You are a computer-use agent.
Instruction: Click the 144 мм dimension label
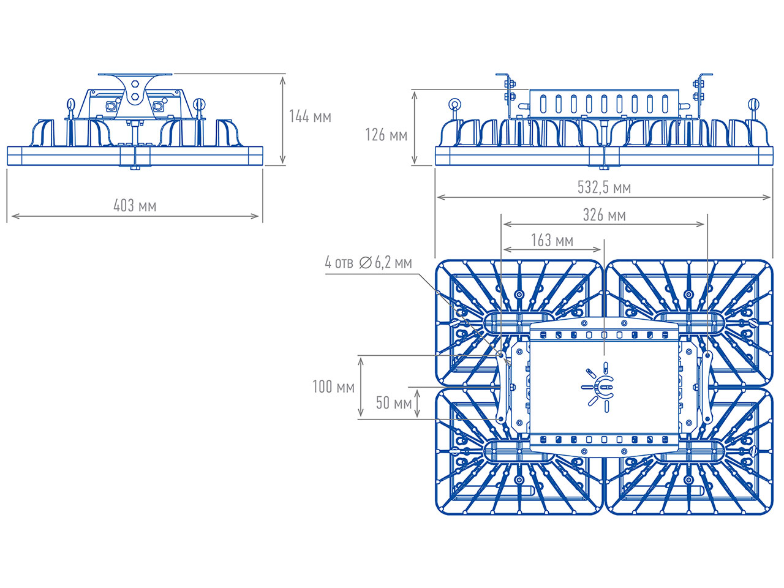pos(310,116)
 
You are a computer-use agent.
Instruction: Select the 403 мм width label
pos(135,206)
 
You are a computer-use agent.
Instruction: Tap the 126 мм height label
pos(386,135)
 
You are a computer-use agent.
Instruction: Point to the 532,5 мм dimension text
pos(605,187)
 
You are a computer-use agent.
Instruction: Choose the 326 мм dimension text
pos(605,215)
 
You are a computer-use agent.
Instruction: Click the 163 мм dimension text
pos(552,240)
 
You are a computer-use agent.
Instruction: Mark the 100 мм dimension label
pos(334,386)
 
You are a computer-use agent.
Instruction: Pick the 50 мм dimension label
pos(394,402)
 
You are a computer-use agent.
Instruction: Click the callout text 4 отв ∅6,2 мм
pos(368,262)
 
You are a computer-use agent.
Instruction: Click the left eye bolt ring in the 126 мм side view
pos(454,105)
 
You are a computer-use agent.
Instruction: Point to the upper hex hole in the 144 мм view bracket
pos(135,85)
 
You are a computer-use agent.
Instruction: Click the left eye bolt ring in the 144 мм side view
pos(70,104)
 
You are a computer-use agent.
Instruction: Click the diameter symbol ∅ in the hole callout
pos(366,263)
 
